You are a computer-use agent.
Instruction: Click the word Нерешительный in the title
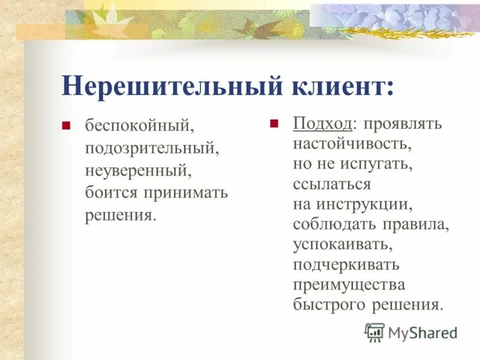coord(163,86)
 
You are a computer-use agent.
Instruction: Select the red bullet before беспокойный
coord(67,125)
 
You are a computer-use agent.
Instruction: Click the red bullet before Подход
coord(274,124)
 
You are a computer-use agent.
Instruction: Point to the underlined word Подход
coord(322,124)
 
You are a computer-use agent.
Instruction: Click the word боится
coord(110,192)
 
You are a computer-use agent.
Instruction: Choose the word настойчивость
coord(352,144)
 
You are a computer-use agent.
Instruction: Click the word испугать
coord(379,164)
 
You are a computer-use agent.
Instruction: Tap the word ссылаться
coord(332,184)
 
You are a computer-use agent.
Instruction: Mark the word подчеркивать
coord(346,265)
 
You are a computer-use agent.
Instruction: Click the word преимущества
coord(349,284)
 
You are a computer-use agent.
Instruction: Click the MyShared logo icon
coord(375,332)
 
